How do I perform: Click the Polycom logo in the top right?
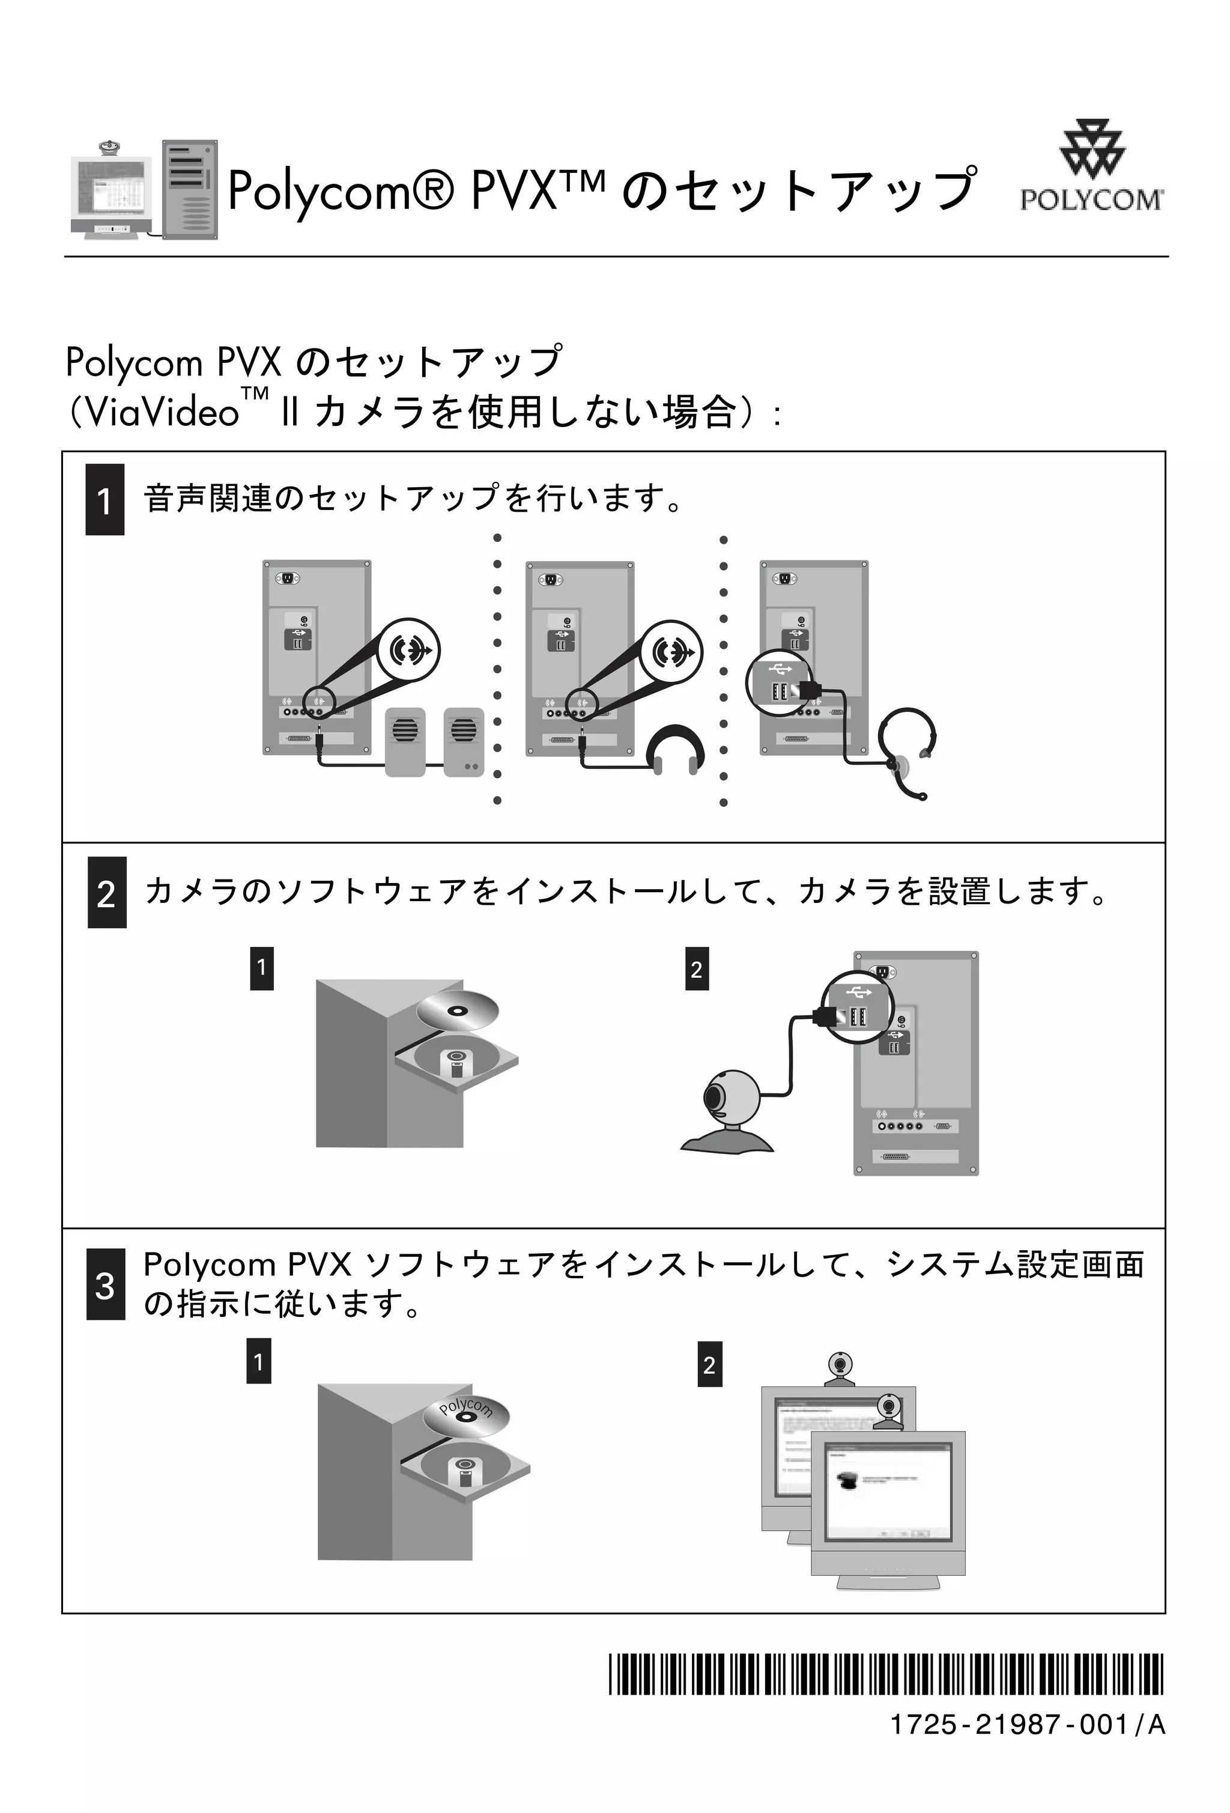[1091, 167]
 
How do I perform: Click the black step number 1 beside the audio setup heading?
[105, 500]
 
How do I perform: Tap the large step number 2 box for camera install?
[107, 893]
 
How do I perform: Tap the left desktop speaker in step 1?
[405, 741]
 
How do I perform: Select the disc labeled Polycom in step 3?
[465, 1415]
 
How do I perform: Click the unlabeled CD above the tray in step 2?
[455, 1011]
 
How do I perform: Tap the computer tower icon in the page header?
[190, 190]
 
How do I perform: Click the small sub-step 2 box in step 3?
[709, 1364]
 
